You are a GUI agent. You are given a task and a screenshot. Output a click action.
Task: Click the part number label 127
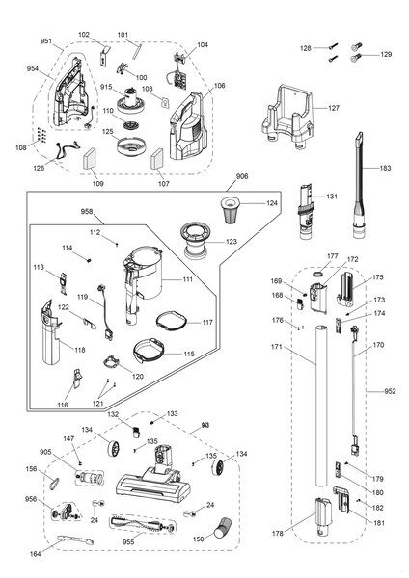pos(333,108)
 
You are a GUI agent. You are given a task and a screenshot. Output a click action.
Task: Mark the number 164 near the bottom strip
pos(36,553)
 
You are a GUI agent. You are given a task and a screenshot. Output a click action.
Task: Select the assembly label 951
pos(46,42)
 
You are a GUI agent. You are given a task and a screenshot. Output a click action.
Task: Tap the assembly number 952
pos(390,391)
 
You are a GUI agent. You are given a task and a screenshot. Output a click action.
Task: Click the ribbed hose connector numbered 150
pos(222,529)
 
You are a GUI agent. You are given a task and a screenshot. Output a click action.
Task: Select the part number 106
pos(219,86)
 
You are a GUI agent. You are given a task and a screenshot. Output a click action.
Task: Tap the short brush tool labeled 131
pos(307,209)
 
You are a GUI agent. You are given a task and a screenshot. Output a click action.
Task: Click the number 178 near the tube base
pos(279,531)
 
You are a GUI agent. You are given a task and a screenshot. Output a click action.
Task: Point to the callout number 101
pos(123,36)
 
